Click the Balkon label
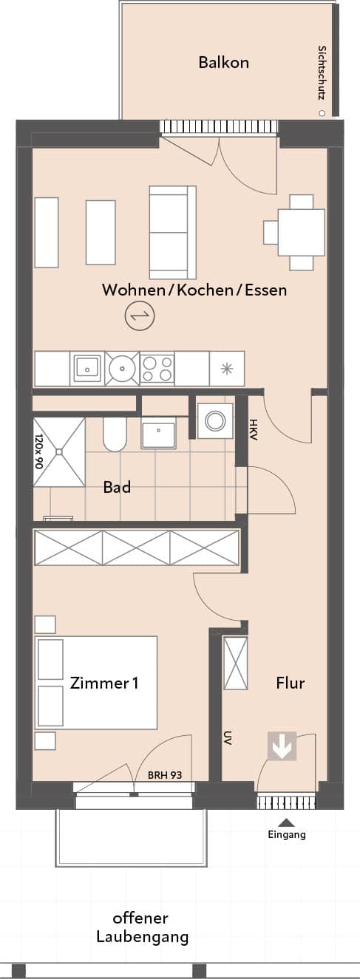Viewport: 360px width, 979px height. [x=223, y=63]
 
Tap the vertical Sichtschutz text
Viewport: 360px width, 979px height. [x=322, y=73]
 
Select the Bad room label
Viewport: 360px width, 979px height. [x=117, y=487]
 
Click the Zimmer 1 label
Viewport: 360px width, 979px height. [x=104, y=683]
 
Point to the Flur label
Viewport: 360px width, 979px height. [x=291, y=683]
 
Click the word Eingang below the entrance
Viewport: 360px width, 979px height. [x=287, y=834]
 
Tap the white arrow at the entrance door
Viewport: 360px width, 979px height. [x=282, y=746]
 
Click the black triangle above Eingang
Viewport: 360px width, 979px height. [x=287, y=822]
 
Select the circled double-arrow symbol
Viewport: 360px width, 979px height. [x=140, y=316]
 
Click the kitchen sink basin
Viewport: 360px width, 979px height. [x=87, y=369]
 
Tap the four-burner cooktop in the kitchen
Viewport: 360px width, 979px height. [x=157, y=369]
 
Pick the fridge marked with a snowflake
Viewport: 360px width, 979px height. [x=227, y=369]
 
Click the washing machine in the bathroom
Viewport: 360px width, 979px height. [x=214, y=421]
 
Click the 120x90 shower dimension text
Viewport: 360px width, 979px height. [x=39, y=451]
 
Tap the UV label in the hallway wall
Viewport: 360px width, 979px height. [x=228, y=737]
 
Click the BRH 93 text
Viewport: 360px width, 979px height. [x=165, y=775]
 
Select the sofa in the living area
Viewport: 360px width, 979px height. [x=172, y=232]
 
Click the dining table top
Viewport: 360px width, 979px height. [x=302, y=232]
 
